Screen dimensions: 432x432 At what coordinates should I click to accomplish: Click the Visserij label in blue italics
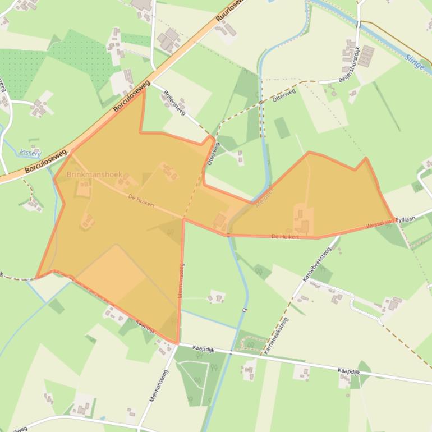click(x=30, y=152)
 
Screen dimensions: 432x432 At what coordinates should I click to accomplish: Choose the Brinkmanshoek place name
click(x=94, y=174)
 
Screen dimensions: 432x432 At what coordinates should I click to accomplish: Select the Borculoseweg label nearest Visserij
click(x=46, y=161)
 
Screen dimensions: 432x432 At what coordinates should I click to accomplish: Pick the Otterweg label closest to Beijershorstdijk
click(x=283, y=95)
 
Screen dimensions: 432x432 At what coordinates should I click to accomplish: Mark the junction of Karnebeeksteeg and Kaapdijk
click(x=262, y=353)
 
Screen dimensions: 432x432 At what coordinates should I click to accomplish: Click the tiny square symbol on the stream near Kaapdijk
click(x=245, y=310)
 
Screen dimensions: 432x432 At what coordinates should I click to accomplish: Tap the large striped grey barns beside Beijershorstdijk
click(x=366, y=56)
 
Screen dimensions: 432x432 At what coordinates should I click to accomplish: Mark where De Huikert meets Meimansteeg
click(x=183, y=218)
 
